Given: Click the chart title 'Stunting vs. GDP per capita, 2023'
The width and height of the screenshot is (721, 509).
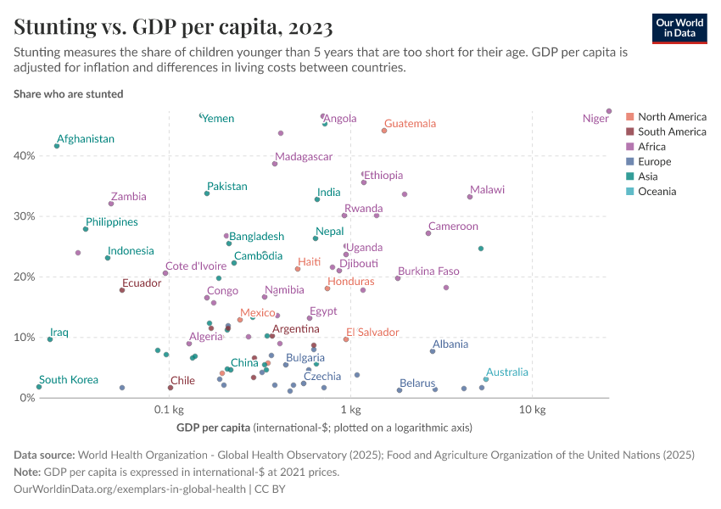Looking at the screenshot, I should click(173, 28).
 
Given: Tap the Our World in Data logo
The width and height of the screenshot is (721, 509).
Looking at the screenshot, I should click(679, 28).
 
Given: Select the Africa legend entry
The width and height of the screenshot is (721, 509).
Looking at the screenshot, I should click(651, 147).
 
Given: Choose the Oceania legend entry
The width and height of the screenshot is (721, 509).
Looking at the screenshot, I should click(657, 192).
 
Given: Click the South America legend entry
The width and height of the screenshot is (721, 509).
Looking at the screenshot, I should click(672, 131).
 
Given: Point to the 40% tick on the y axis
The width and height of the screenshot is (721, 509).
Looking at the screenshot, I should click(23, 155).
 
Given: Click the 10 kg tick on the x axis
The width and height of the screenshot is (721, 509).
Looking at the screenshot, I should click(532, 411).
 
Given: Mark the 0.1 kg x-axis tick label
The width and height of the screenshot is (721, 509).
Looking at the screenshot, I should click(170, 411).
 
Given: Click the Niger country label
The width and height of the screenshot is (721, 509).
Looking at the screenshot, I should click(595, 119).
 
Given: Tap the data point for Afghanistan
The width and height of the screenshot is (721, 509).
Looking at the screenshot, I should click(57, 146).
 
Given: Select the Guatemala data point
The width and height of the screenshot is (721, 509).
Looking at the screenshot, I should click(384, 131).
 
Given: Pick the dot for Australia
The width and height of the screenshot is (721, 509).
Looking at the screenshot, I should click(486, 379).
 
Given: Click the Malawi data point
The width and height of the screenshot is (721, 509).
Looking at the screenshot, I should click(470, 197).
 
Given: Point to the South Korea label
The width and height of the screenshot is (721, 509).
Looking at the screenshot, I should click(69, 380).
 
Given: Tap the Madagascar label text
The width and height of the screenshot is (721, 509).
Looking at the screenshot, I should click(302, 157).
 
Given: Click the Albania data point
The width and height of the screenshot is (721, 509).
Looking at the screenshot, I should click(433, 351).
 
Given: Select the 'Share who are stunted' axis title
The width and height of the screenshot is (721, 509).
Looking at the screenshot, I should click(69, 94).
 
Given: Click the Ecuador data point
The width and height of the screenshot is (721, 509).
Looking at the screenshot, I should click(122, 290).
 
